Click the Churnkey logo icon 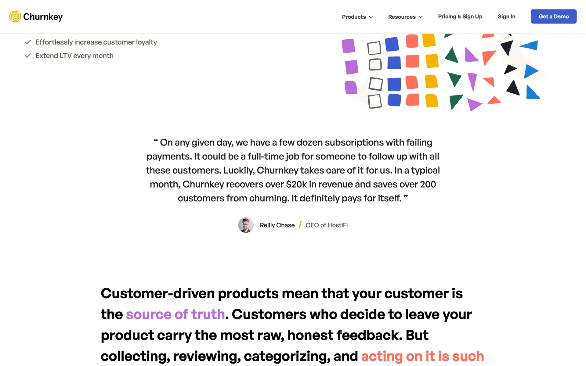pos(15,16)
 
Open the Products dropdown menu pos(357,17)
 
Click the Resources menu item pos(405,17)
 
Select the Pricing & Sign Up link pos(460,16)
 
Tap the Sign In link pos(506,16)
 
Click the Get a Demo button pos(554,16)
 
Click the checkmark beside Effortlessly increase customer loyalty pos(28,42)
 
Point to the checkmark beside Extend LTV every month pos(28,56)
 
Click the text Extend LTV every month pos(74,56)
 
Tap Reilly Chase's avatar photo pos(246,225)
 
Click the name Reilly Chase pos(277,225)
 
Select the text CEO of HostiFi pos(327,225)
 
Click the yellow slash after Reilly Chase pos(300,225)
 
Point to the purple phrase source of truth pos(175,314)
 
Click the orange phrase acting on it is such pos(423,356)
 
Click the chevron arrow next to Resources pos(421,17)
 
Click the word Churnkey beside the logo pos(43,17)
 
